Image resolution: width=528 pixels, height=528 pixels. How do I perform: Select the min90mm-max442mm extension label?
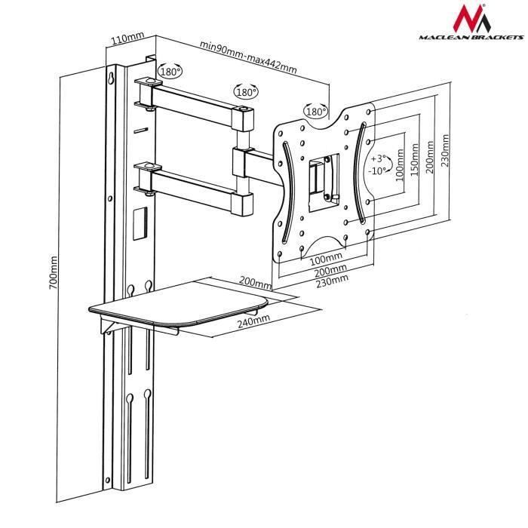coord(247,57)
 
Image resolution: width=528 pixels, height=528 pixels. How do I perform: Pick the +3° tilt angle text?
coord(379,158)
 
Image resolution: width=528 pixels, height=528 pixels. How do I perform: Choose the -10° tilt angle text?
coord(379,170)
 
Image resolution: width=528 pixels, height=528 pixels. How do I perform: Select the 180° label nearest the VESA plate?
coord(315,112)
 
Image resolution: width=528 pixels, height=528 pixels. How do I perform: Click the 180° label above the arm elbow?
coord(246,92)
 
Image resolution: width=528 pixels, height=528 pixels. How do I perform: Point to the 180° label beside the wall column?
coord(170,72)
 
